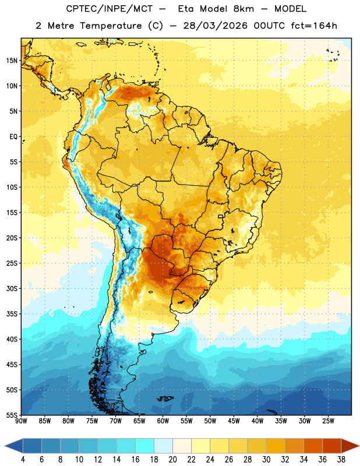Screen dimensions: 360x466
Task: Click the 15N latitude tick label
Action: click(x=12, y=61)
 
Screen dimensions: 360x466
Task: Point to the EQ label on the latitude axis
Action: click(x=13, y=137)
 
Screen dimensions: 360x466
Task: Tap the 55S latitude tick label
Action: click(x=12, y=415)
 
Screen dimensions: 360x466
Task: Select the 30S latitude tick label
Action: click(x=12, y=288)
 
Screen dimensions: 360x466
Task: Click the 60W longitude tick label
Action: click(x=163, y=421)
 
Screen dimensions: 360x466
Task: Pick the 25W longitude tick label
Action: click(x=328, y=421)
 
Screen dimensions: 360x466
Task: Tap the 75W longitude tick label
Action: click(x=92, y=421)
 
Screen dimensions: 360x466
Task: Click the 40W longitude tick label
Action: click(x=257, y=421)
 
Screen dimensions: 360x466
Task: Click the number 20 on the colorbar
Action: click(x=172, y=460)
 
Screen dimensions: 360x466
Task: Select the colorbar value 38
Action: click(x=341, y=460)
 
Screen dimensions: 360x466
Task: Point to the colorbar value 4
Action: click(x=23, y=460)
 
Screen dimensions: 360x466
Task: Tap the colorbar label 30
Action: click(x=266, y=460)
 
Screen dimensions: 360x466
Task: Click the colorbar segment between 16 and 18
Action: click(x=144, y=446)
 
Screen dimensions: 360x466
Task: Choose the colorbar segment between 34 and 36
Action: click(x=313, y=446)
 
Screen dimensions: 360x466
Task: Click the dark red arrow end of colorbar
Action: click(x=351, y=446)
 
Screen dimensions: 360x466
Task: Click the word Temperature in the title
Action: click(x=111, y=26)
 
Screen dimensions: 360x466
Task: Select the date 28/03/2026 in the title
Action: click(x=215, y=26)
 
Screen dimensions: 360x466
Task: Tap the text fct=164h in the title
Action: click(x=314, y=26)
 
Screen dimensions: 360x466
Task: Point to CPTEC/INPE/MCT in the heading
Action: click(x=110, y=9)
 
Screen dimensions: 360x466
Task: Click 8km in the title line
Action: click(x=243, y=9)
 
